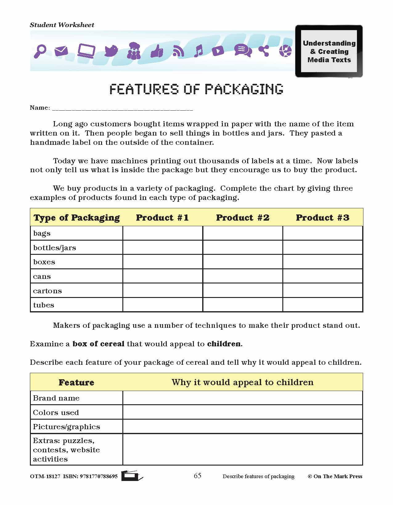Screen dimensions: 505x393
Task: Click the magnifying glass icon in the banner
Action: [x=40, y=51]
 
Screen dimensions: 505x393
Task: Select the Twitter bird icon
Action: [x=111, y=51]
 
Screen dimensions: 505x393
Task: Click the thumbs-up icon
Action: [x=157, y=51]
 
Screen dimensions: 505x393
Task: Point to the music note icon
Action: [x=199, y=51]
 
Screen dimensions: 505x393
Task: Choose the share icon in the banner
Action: [x=264, y=51]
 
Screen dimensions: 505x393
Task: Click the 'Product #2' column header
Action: [x=243, y=218]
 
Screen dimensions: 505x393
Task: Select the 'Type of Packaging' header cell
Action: [x=76, y=218]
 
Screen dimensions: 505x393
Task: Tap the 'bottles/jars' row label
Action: [x=55, y=248]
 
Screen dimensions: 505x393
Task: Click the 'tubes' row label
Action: [x=44, y=305]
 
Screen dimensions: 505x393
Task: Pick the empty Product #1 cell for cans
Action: [x=163, y=276]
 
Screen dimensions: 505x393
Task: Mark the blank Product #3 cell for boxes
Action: [x=322, y=262]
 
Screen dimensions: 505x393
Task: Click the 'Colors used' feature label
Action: [x=56, y=413]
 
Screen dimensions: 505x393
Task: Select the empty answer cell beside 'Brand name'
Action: [x=243, y=398]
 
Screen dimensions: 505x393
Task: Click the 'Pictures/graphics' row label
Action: [x=67, y=427]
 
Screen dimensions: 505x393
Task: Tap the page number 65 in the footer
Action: [x=198, y=476]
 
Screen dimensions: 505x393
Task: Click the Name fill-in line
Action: [x=122, y=108]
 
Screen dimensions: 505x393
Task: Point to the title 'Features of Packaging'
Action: [x=196, y=89]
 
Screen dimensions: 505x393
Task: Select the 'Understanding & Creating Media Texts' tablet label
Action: [x=329, y=51]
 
